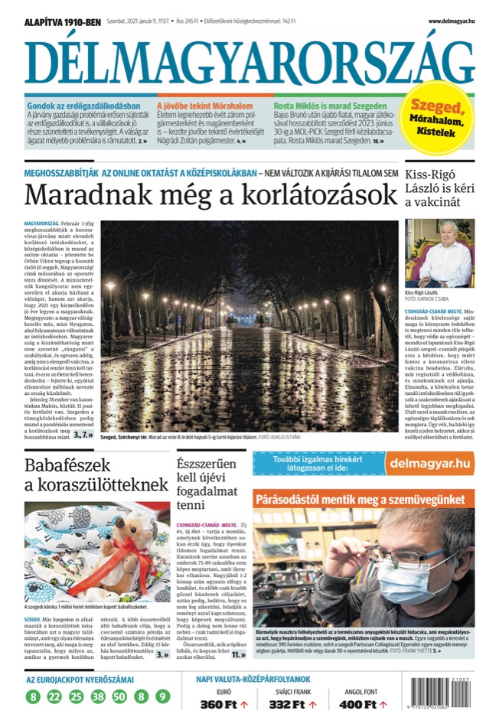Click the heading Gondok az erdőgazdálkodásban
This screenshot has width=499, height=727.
coord(84,105)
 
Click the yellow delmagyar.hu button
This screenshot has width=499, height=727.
coord(429,462)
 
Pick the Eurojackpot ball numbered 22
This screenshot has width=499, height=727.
coord(54,696)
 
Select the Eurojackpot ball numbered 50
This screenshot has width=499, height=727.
coord(119,696)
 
